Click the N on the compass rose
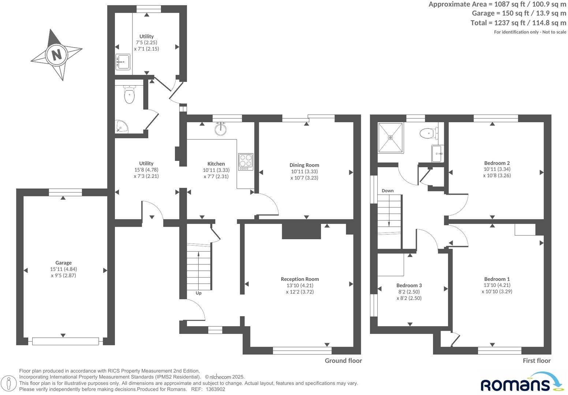pyautogui.click(x=56, y=55)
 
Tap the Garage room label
pyautogui.click(x=63, y=263)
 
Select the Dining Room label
pyautogui.click(x=304, y=165)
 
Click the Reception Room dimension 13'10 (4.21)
pyautogui.click(x=300, y=285)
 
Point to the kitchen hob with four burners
pyautogui.click(x=246, y=162)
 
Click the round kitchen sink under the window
pyautogui.click(x=221, y=129)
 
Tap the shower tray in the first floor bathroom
pyautogui.click(x=390, y=138)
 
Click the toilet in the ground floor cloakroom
pyautogui.click(x=129, y=95)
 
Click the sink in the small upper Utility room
pyautogui.click(x=123, y=62)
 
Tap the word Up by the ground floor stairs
pyautogui.click(x=198, y=293)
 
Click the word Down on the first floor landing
pyautogui.click(x=388, y=191)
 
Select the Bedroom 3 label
pyautogui.click(x=409, y=285)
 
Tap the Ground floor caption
pyautogui.click(x=343, y=361)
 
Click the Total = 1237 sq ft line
pyautogui.click(x=518, y=23)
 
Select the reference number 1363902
pyautogui.click(x=215, y=389)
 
